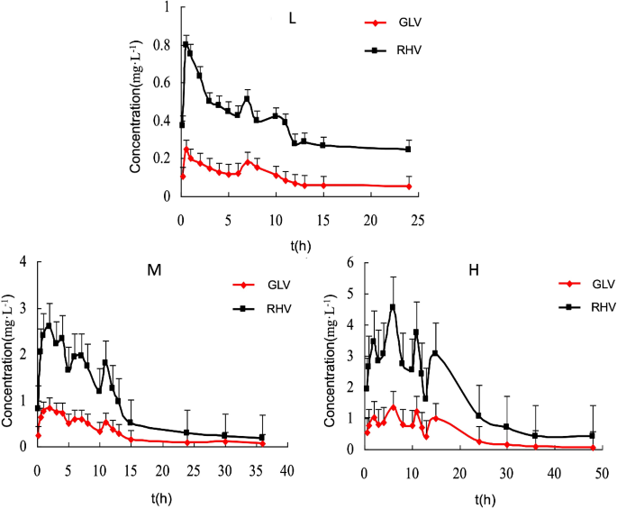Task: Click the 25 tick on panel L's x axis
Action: click(x=417, y=220)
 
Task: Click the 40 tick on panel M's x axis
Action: click(x=286, y=470)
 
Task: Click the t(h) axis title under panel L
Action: click(x=300, y=242)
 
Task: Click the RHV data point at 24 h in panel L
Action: click(x=408, y=149)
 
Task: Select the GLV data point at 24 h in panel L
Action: click(x=408, y=186)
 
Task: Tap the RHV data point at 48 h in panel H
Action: click(x=592, y=435)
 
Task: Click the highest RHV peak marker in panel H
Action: click(x=392, y=306)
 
